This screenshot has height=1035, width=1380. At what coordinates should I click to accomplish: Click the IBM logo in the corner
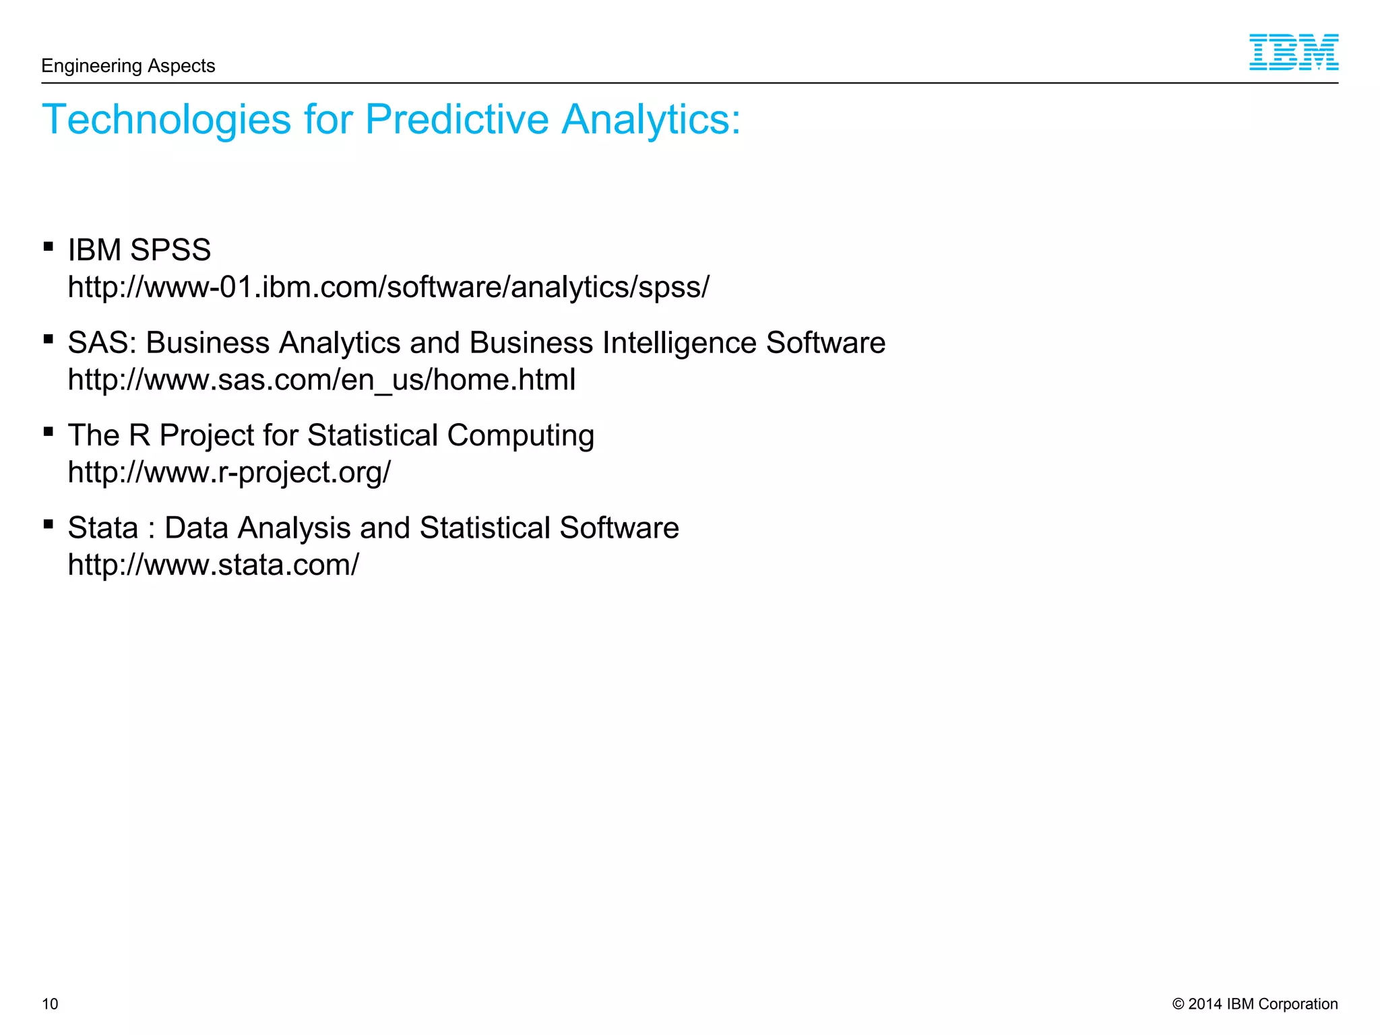(1293, 53)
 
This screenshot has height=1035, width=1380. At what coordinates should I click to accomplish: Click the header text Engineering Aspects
(128, 66)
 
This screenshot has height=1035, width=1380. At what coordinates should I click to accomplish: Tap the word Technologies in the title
(166, 120)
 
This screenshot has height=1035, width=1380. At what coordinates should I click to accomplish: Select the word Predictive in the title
(457, 120)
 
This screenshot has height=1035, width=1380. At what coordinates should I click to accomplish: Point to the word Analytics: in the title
(651, 120)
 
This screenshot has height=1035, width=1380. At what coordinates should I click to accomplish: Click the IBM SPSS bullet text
(139, 250)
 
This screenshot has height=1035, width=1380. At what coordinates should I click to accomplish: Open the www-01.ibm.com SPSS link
(389, 288)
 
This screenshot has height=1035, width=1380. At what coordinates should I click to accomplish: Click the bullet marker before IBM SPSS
(49, 247)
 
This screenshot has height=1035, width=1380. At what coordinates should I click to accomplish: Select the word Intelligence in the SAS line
(680, 343)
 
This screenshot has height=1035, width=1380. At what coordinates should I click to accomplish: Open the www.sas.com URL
(322, 380)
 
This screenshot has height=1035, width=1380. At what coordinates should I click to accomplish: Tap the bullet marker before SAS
(49, 339)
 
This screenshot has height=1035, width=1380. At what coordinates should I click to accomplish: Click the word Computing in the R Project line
(520, 436)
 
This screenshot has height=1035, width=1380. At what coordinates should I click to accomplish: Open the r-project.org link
(229, 472)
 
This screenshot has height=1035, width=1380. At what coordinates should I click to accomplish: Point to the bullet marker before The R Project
(49, 431)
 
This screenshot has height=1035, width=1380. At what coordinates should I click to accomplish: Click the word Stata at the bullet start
(102, 528)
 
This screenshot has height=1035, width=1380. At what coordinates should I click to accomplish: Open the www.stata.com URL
(214, 565)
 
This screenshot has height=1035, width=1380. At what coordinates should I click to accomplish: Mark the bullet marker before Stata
(49, 524)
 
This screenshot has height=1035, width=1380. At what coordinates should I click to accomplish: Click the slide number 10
(50, 1004)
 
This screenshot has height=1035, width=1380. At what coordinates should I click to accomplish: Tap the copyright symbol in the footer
(1179, 1004)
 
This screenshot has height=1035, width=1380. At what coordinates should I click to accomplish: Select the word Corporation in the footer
(1298, 1004)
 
